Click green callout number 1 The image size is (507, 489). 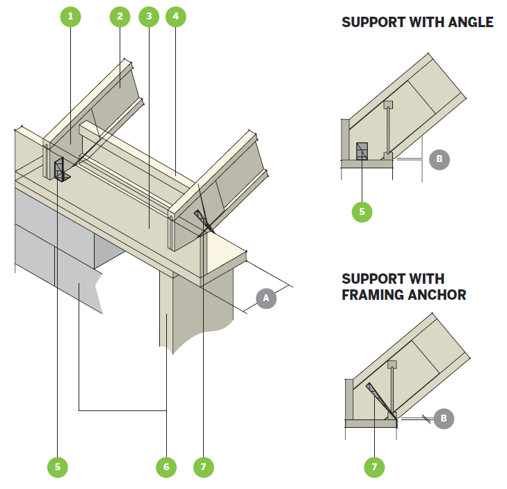pyautogui.click(x=70, y=17)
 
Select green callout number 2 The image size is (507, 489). pyautogui.click(x=120, y=17)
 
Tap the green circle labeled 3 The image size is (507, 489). pyautogui.click(x=147, y=17)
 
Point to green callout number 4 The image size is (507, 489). pyautogui.click(x=175, y=17)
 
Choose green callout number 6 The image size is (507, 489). pyautogui.click(x=166, y=467)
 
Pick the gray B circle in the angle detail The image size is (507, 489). pyautogui.click(x=439, y=159)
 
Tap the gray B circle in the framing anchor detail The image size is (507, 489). pyautogui.click(x=443, y=418)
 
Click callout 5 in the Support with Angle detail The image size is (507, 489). pyautogui.click(x=362, y=212)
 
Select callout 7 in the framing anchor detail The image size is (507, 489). pyautogui.click(x=373, y=467)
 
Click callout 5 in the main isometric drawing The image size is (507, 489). pyautogui.click(x=58, y=467)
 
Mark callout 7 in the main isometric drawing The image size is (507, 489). pyautogui.click(x=203, y=467)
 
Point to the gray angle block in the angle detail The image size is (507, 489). pyautogui.click(x=362, y=152)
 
